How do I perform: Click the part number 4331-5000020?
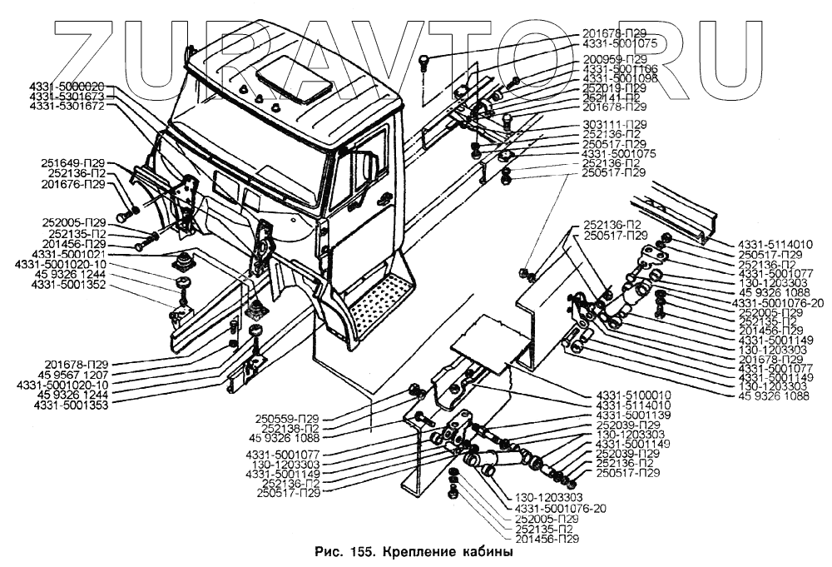click(67, 86)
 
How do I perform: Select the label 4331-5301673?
click(67, 97)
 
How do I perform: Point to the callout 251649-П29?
click(72, 162)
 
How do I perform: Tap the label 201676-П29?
click(72, 184)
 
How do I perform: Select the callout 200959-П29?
click(614, 59)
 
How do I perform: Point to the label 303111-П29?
click(614, 124)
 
